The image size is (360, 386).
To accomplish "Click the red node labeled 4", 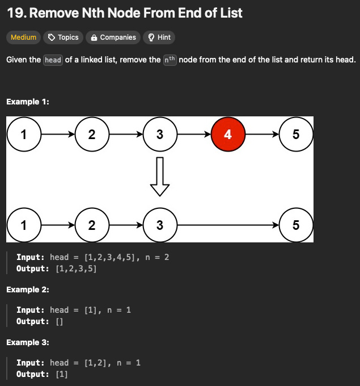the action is point(228,134).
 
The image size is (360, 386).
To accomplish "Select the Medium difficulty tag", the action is point(23,37).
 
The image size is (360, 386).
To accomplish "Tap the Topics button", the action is point(63,37).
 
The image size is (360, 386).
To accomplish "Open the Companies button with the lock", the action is point(113,37).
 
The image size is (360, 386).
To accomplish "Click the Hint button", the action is point(159,37).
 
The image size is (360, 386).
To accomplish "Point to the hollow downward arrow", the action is point(160,177).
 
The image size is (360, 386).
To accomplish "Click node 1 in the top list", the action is point(24,134).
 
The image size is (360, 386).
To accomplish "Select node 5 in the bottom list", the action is point(296,225).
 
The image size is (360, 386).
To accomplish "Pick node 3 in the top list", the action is point(160,134).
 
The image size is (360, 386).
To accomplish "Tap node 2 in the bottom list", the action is point(92,225).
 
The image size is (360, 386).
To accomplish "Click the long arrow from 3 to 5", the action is point(228,225).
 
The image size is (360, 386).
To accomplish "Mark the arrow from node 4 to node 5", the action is point(262,134).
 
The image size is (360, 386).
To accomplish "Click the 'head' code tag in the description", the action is point(53,60).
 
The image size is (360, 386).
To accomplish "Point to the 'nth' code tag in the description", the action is point(170,60).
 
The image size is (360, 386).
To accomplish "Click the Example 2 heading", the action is point(28,289).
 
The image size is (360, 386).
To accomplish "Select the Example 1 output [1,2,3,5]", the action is point(76,268).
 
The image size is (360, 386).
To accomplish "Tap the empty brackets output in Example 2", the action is point(60,321).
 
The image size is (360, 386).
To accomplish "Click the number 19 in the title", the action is point(16,13).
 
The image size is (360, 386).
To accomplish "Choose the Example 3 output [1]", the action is point(62,374).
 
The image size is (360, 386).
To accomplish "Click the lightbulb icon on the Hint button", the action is point(151,37).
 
